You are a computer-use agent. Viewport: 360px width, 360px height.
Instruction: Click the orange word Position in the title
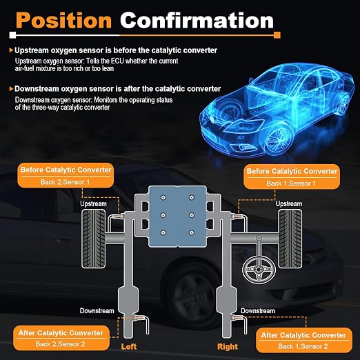click(x=63, y=20)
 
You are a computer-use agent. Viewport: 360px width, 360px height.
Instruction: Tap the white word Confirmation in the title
click(x=197, y=20)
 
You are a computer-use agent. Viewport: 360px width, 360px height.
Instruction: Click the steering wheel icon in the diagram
click(x=259, y=270)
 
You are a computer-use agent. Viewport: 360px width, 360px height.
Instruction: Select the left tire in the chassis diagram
click(x=94, y=239)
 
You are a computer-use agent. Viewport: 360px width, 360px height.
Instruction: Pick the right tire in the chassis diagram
click(x=290, y=239)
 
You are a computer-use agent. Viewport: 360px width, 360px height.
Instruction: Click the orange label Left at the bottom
click(x=129, y=346)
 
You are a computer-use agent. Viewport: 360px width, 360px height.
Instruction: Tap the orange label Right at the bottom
click(x=228, y=346)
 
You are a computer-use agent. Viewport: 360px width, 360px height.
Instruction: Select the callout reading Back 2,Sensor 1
click(x=66, y=176)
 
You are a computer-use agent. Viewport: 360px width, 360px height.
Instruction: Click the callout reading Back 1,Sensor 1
click(x=292, y=177)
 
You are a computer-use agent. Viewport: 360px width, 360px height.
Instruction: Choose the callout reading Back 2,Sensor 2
click(x=61, y=338)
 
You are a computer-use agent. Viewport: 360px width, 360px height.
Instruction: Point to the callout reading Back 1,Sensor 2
click(x=304, y=340)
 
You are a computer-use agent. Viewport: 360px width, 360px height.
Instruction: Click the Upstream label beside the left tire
click(x=93, y=203)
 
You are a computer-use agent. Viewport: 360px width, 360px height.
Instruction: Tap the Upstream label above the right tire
click(x=289, y=203)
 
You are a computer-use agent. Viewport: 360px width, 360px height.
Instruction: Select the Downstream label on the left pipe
click(x=97, y=311)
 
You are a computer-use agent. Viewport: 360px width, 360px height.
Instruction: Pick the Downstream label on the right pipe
click(x=258, y=311)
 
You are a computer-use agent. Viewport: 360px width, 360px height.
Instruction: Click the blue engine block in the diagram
click(x=177, y=217)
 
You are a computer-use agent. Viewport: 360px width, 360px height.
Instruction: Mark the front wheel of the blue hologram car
click(x=277, y=139)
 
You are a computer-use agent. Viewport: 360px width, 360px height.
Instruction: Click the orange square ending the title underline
click(x=277, y=35)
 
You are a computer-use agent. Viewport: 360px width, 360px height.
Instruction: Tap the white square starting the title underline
click(x=12, y=35)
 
